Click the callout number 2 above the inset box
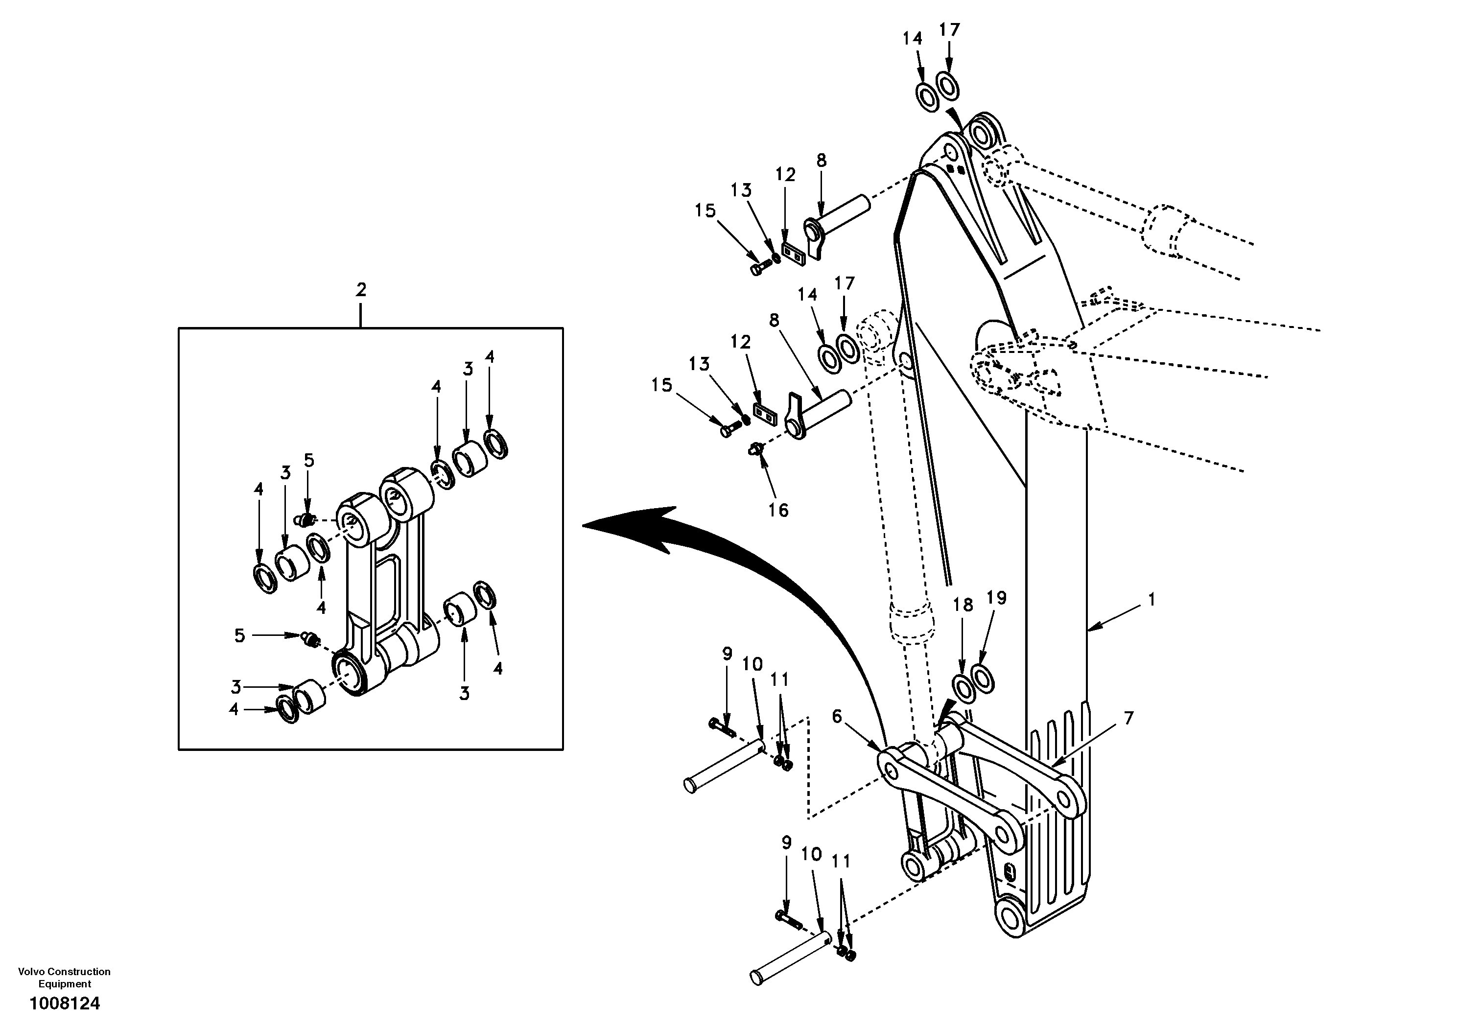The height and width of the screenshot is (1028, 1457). (x=360, y=290)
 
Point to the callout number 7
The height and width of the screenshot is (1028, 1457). (x=1128, y=718)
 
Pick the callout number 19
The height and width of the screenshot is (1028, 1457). (x=996, y=597)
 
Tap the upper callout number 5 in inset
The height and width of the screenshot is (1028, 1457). (x=309, y=460)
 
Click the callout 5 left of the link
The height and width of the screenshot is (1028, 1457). (x=239, y=635)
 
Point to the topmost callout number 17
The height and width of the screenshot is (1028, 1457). (x=949, y=30)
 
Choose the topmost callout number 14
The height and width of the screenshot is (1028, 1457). (x=912, y=38)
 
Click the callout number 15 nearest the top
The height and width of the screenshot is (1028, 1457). (x=705, y=210)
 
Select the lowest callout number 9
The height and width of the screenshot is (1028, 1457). (x=786, y=842)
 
